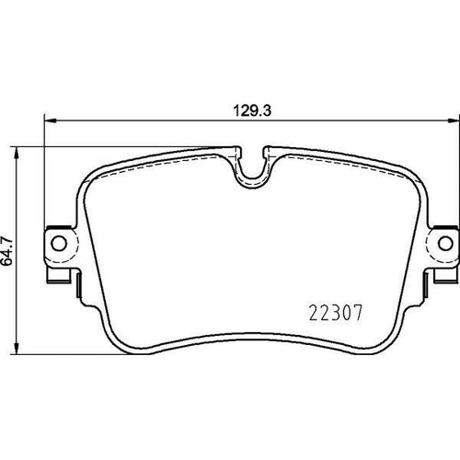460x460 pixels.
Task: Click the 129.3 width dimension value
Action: coord(252,110)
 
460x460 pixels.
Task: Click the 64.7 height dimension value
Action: coord(6,251)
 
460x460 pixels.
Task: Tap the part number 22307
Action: coord(336,313)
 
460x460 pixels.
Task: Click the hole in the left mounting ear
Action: coord(59,243)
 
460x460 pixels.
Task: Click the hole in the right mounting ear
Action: coord(445,243)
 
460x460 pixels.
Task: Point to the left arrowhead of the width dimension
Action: coord(50,121)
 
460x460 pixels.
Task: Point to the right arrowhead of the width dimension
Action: coord(454,121)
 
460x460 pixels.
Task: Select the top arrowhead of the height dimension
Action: coord(17,153)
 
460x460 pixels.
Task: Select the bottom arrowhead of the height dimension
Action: coord(17,349)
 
